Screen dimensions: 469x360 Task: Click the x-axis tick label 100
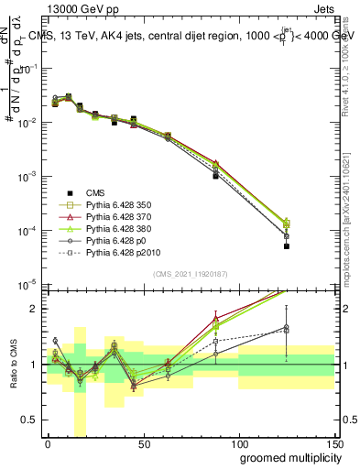[241, 444]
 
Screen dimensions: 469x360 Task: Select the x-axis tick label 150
[336, 444]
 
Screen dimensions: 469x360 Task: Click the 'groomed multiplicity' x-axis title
[286, 457]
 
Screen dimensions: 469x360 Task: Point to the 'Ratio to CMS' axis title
[12, 365]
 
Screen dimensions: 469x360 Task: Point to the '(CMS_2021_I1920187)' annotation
[190, 273]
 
